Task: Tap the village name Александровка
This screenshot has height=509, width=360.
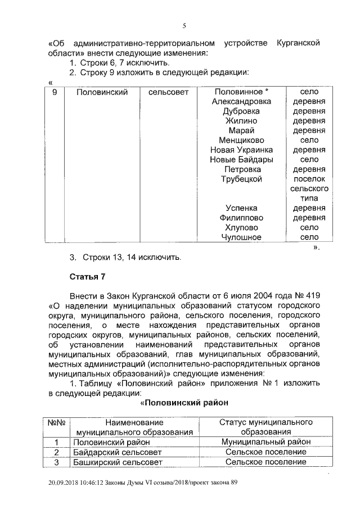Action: click(241, 101)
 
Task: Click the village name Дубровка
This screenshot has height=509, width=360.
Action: click(241, 111)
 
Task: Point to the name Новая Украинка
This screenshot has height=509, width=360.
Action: click(241, 150)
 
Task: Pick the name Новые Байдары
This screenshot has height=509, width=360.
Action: click(241, 160)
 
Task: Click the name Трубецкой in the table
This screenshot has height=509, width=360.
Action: click(241, 179)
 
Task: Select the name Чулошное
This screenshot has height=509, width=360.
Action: click(241, 237)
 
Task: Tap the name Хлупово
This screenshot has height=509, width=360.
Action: click(241, 228)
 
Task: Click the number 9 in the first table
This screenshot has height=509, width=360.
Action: click(55, 92)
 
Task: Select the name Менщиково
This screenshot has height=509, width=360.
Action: click(241, 141)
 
